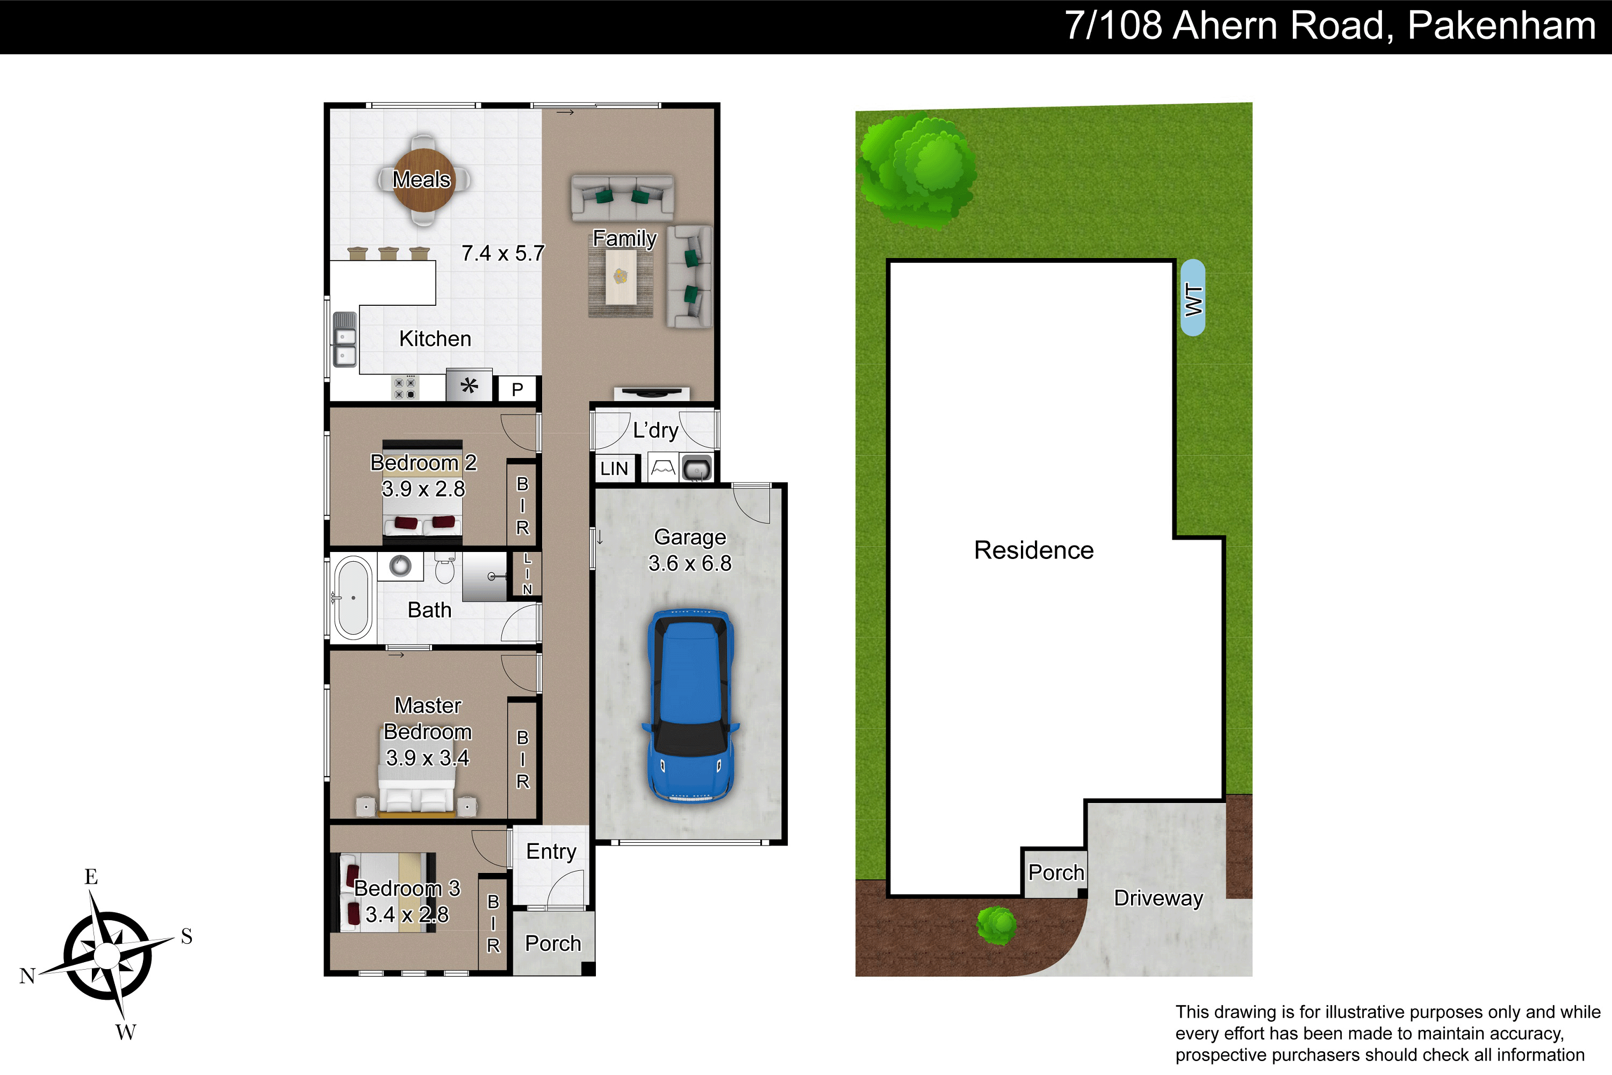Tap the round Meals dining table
[423, 180]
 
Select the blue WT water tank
[1193, 298]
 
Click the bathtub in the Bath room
[354, 598]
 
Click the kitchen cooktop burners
[405, 388]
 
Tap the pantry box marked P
[517, 389]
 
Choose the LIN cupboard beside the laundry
[614, 469]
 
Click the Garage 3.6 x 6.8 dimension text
[690, 563]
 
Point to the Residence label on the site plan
[1033, 550]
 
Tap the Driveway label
[1158, 898]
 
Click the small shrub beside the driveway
[997, 925]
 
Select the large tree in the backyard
[917, 171]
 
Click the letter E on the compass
[91, 876]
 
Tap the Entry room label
[551, 852]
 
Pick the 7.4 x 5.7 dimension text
[503, 254]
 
